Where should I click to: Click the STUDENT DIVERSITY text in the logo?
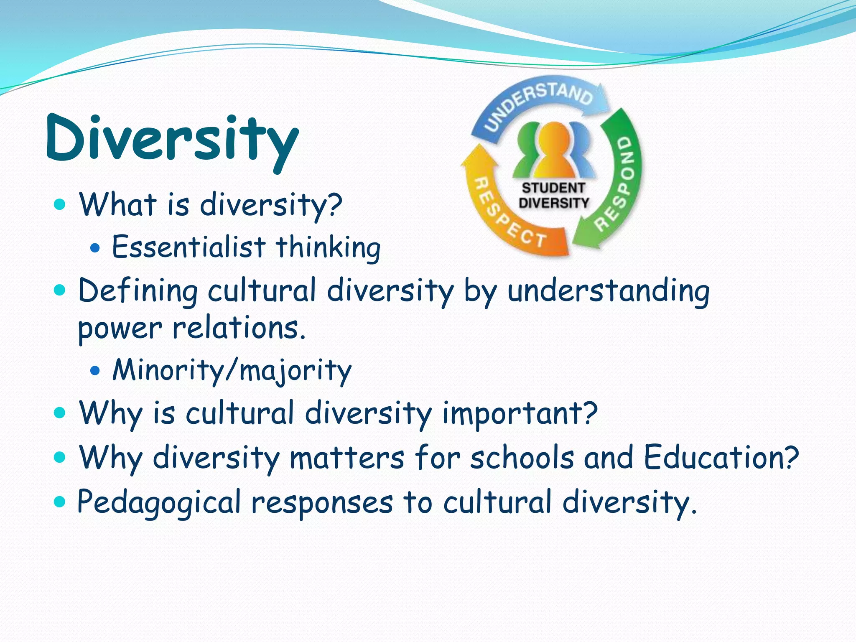[553, 196]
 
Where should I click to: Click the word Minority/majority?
[232, 370]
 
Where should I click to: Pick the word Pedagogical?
[159, 502]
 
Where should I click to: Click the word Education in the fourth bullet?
[715, 457]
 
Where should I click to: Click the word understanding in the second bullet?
[608, 291]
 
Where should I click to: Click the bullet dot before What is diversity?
[60, 205]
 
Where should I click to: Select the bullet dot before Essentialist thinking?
[95, 248]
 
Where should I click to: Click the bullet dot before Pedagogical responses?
[60, 502]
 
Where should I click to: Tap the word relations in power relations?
[239, 328]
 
